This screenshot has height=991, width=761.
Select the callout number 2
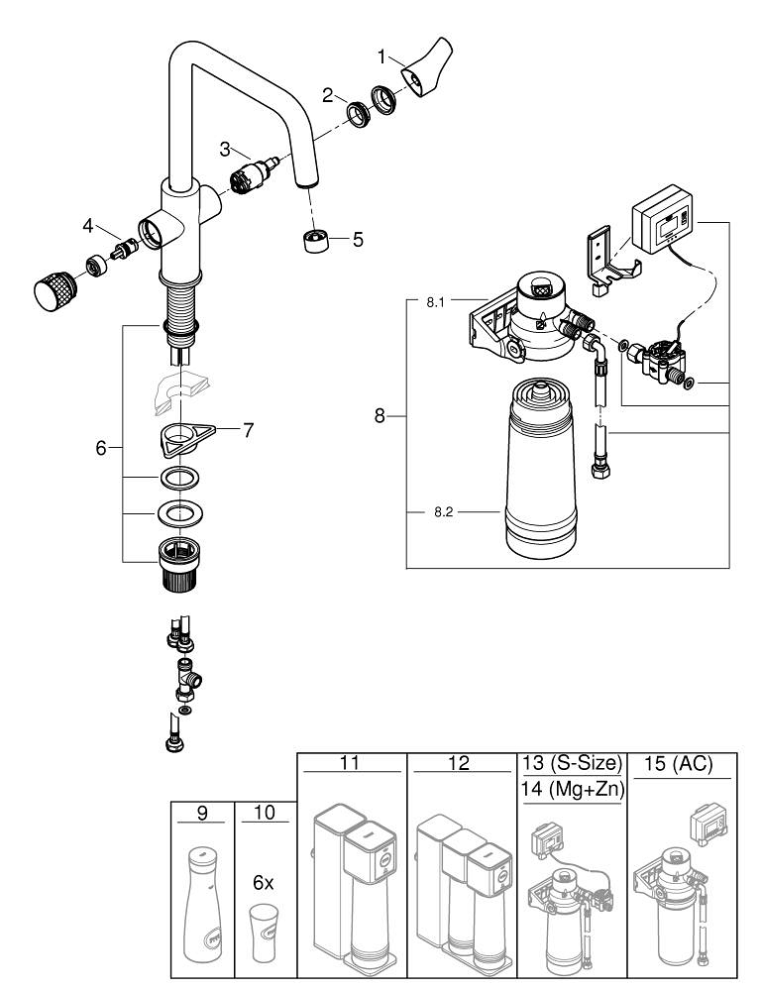click(327, 95)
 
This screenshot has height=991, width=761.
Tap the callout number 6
click(101, 448)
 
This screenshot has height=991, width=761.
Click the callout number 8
click(380, 417)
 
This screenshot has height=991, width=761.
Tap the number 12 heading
click(459, 764)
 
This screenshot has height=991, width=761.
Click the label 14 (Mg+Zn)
click(570, 791)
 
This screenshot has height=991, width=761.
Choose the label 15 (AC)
click(680, 764)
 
